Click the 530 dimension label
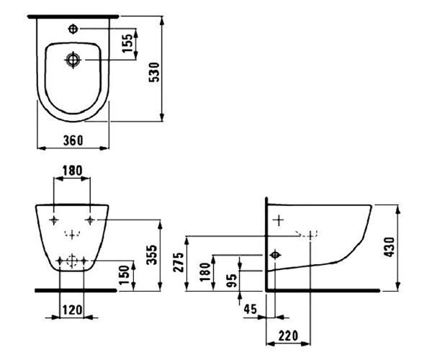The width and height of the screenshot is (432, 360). click(154, 72)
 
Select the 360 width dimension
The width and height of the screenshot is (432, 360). click(73, 140)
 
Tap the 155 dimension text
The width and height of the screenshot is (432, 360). click(127, 43)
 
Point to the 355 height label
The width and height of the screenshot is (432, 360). click(151, 255)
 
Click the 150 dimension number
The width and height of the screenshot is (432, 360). click(124, 274)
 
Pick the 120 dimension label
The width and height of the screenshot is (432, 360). click(72, 310)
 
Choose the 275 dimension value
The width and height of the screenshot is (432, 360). click(179, 262)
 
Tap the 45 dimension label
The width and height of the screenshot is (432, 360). click(250, 309)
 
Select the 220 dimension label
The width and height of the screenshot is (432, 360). click(288, 336)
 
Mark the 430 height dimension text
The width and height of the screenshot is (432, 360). click(390, 247)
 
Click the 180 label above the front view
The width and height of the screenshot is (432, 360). click(72, 171)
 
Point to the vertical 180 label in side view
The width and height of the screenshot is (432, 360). click(205, 272)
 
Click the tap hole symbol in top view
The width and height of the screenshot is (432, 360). click(73, 29)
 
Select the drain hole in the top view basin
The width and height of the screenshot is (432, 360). click(73, 60)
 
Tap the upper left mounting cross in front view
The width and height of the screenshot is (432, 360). click(54, 220)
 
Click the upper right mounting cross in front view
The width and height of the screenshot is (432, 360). click(90, 220)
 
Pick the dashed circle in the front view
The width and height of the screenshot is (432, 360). click(72, 261)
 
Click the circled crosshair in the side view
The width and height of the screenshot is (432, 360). click(275, 255)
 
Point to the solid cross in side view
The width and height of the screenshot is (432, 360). click(279, 220)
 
